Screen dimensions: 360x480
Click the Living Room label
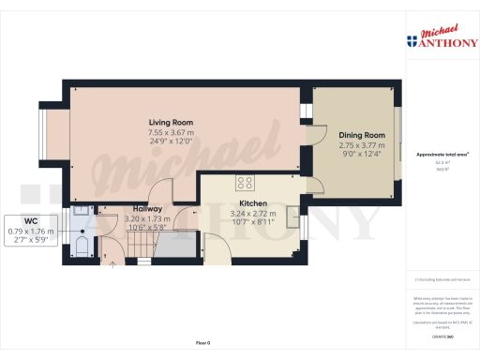point(170,122)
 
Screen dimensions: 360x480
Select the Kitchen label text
point(255,202)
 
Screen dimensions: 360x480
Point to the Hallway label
point(148,208)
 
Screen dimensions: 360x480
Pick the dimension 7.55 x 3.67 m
point(170,133)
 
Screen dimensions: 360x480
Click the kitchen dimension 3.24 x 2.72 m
point(255,214)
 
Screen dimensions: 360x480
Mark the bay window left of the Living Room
point(53,135)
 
